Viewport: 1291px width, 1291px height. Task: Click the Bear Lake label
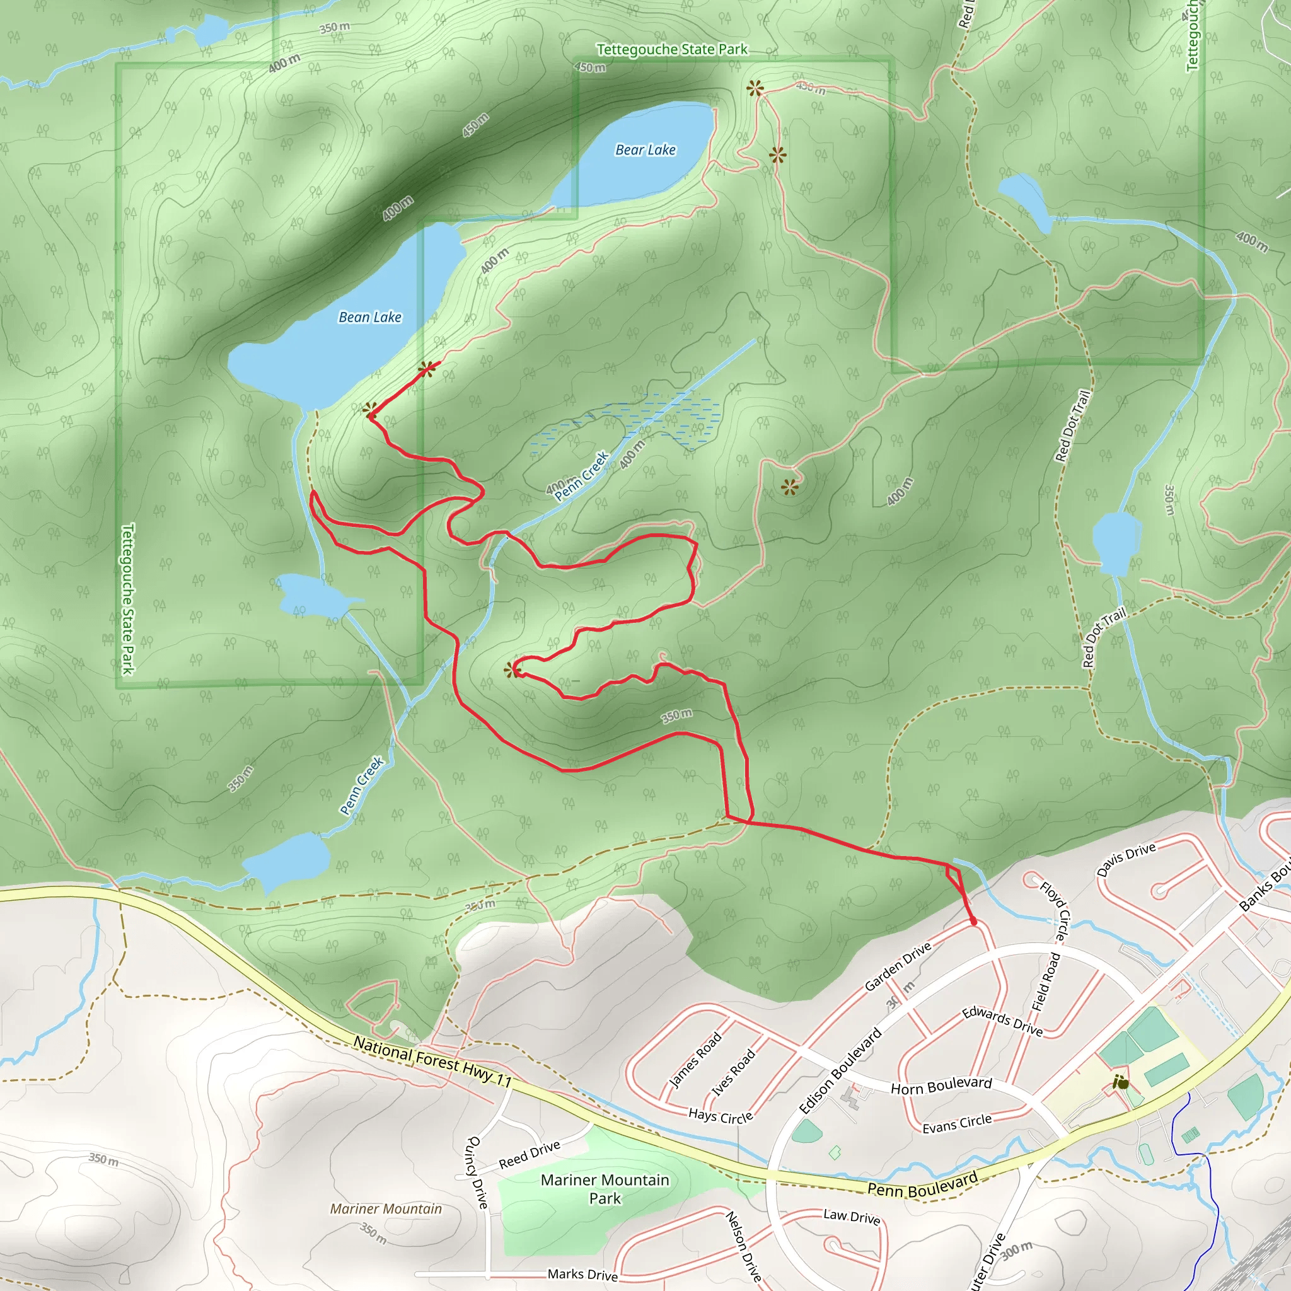click(x=645, y=149)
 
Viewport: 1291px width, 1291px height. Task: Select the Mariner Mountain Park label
click(x=605, y=1189)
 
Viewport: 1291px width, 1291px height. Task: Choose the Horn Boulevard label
click(x=941, y=1086)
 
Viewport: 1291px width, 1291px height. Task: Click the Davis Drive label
click(x=1126, y=859)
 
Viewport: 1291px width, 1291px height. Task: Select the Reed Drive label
click(x=530, y=1155)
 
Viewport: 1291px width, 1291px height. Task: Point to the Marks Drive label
click(x=582, y=1274)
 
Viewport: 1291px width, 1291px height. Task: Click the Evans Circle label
click(x=957, y=1124)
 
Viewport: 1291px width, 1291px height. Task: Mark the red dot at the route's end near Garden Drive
click(x=973, y=922)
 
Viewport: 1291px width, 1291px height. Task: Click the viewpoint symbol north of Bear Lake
click(x=755, y=88)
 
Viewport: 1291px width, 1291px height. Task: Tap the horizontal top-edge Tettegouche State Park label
click(x=671, y=49)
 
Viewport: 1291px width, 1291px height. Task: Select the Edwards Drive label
click(x=1002, y=1021)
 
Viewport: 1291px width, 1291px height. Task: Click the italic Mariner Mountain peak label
click(x=386, y=1208)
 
